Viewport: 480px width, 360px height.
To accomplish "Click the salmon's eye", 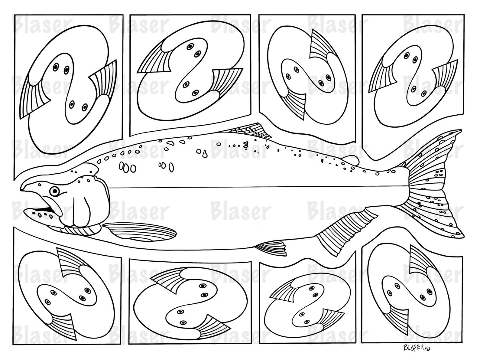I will pos(54,191).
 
